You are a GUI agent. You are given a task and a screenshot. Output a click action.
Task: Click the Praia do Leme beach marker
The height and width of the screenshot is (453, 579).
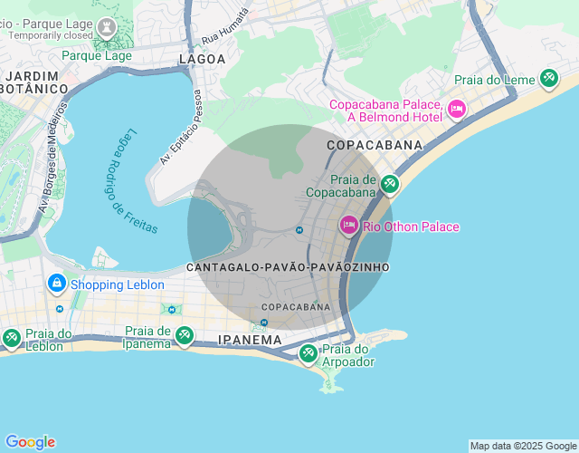pyautogui.click(x=549, y=79)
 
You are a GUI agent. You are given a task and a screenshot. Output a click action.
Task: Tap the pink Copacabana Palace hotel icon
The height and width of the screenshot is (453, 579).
pyautogui.click(x=457, y=110)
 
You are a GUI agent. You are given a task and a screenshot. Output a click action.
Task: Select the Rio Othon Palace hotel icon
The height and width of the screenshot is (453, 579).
pyautogui.click(x=349, y=225)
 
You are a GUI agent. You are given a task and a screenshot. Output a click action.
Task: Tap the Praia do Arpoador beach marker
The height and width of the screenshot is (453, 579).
pyautogui.click(x=308, y=352)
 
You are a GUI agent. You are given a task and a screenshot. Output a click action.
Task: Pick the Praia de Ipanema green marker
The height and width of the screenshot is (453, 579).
pyautogui.click(x=184, y=335)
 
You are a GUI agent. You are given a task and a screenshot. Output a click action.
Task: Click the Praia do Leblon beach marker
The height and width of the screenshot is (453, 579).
pyautogui.click(x=12, y=338)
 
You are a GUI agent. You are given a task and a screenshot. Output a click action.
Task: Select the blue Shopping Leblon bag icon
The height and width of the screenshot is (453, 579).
pyautogui.click(x=56, y=284)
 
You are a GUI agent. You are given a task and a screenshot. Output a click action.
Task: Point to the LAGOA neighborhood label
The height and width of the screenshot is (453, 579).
pyautogui.click(x=202, y=59)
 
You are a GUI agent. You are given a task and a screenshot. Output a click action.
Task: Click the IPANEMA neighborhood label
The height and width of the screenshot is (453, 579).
pyautogui.click(x=251, y=340)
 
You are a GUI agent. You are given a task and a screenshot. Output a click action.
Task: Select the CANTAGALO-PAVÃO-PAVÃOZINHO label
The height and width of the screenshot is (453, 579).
pyautogui.click(x=288, y=268)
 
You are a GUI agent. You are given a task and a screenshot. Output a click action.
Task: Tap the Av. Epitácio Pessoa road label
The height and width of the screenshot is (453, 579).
pyautogui.click(x=180, y=126)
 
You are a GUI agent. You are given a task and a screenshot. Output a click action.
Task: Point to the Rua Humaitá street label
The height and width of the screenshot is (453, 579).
pyautogui.click(x=224, y=28)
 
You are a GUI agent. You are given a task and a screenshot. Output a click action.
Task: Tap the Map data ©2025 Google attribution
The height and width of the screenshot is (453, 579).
pyautogui.click(x=523, y=446)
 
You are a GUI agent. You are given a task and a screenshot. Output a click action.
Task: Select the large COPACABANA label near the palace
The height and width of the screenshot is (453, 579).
pyautogui.click(x=375, y=145)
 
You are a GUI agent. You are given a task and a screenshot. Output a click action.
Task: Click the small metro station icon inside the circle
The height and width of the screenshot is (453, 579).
pyautogui.click(x=299, y=230)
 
